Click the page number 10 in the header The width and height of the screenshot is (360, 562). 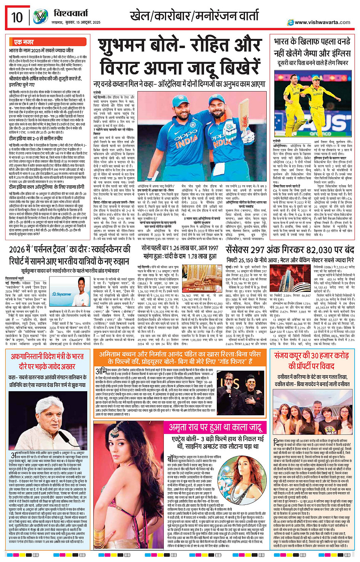17,17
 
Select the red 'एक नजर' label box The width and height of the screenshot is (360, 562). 24,42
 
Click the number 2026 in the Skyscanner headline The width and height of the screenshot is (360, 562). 18,250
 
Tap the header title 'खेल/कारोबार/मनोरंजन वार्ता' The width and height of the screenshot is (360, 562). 194,16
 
